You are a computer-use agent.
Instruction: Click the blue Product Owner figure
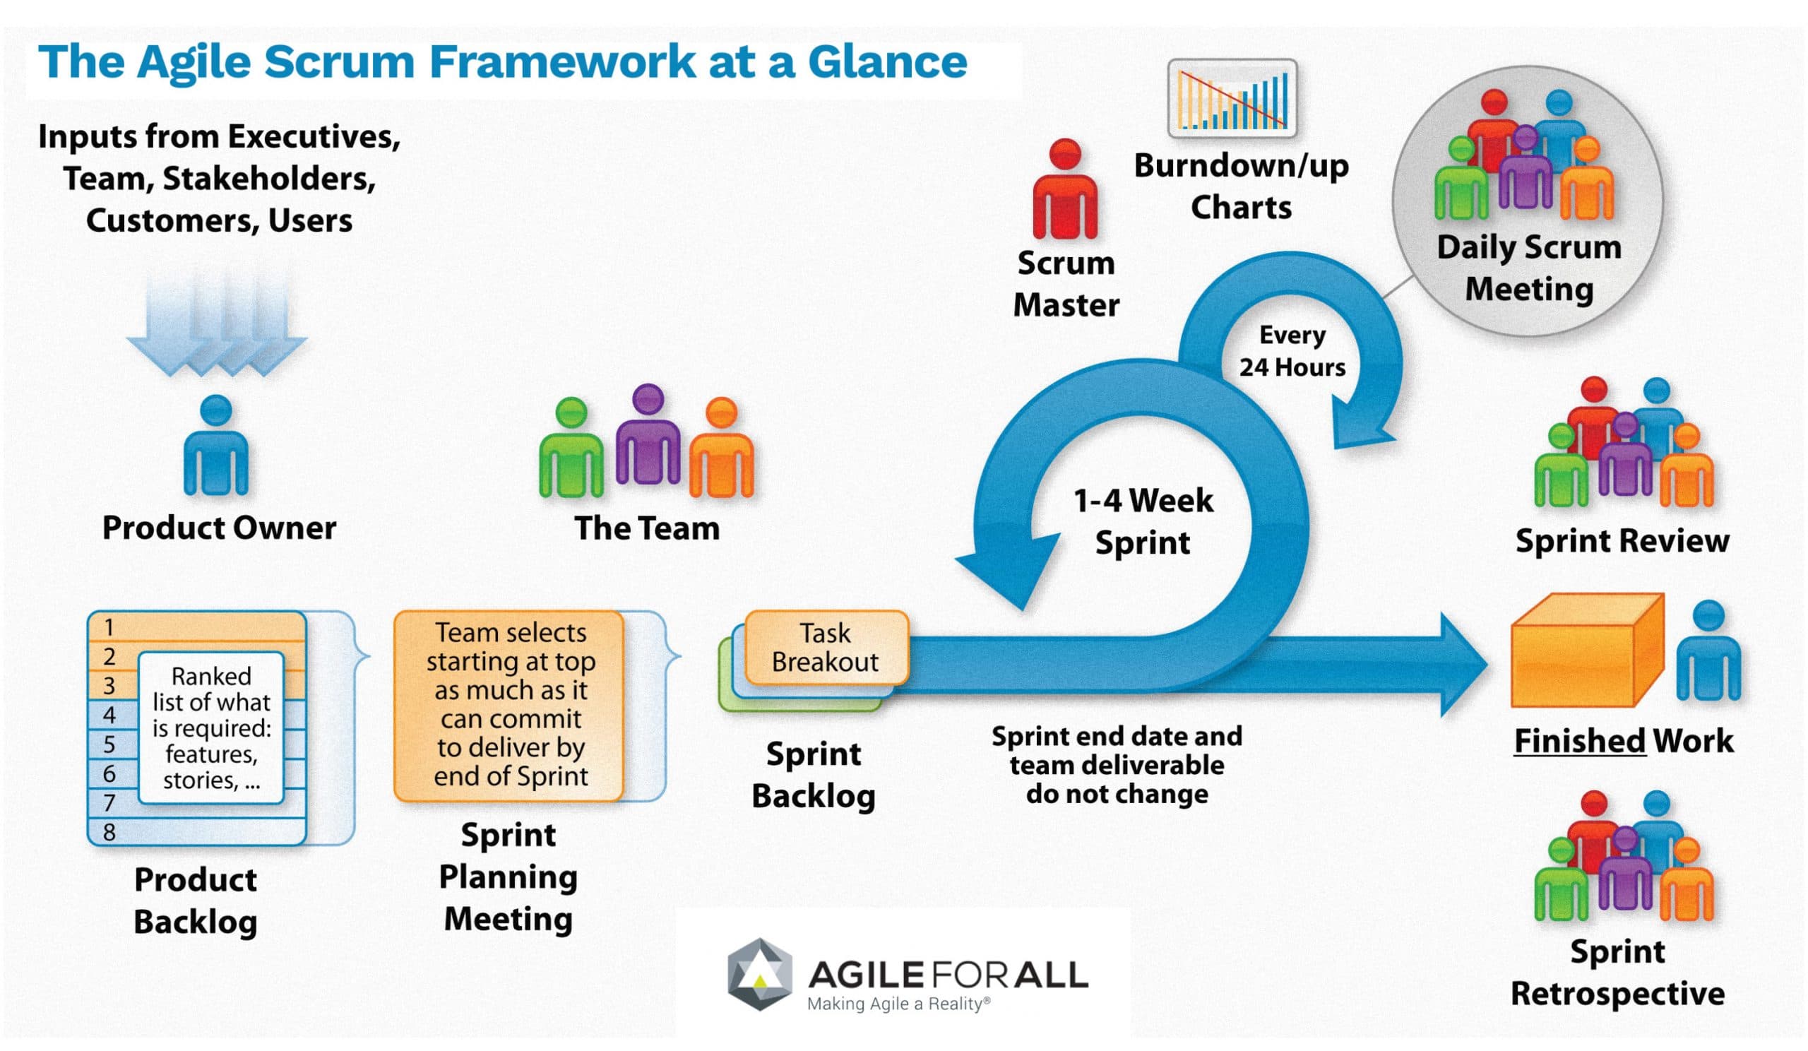tap(216, 449)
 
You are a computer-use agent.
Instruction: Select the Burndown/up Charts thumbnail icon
tap(1232, 99)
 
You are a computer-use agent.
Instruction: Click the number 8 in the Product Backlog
tap(109, 832)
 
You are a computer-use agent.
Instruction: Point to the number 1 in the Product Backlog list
tap(109, 627)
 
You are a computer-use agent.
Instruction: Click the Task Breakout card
tap(826, 647)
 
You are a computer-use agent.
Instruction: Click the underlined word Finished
tap(1579, 741)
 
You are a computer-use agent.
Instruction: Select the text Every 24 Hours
tap(1292, 352)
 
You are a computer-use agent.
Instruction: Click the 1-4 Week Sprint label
tap(1142, 521)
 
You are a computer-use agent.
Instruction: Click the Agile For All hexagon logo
tap(760, 973)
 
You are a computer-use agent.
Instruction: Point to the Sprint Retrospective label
tap(1617, 972)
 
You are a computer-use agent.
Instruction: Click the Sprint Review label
tap(1622, 540)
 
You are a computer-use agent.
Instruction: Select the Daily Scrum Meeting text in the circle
tap(1528, 268)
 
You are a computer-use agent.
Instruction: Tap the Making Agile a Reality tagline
tap(898, 1004)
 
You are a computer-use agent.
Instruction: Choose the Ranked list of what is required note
tap(211, 728)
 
